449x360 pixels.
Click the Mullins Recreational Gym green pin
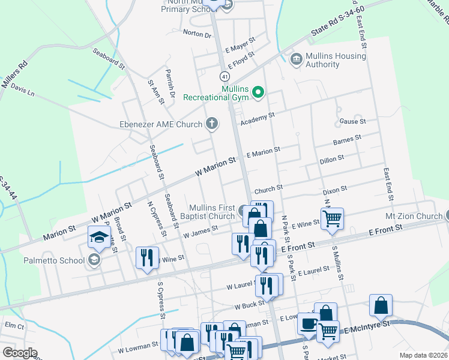coord(259,92)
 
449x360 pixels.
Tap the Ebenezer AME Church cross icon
coord(211,124)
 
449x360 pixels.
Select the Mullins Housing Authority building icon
coord(296,59)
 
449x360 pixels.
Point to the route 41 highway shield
coord(223,77)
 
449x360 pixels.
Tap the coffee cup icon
coord(309,323)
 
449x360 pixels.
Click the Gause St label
coord(352,122)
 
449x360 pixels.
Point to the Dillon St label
coord(331,160)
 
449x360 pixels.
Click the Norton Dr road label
coord(197,34)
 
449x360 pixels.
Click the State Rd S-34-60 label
coord(337,28)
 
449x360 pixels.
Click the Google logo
coord(19,353)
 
